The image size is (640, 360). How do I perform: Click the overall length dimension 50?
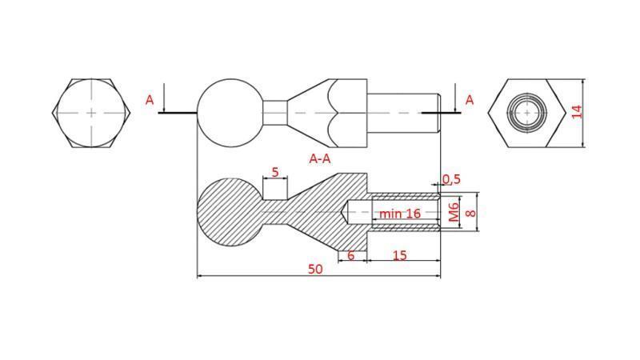coord(315,269)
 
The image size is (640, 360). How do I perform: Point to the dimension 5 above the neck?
coord(275,172)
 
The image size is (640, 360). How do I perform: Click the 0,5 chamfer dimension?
coord(452,179)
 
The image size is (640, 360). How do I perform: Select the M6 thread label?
coord(454,213)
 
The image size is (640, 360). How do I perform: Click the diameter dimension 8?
coord(470,213)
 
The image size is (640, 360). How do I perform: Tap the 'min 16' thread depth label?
coord(400,214)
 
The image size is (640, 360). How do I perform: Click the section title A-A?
coord(320,158)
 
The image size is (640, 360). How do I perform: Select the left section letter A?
coord(150,100)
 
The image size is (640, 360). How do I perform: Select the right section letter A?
coord(469,100)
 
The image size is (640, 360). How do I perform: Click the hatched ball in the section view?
coord(229,212)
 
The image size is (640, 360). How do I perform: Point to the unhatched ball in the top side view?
coord(230,112)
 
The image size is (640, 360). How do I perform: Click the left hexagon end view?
coord(90,113)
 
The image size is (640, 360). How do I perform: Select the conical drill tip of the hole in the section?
coord(350,213)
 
